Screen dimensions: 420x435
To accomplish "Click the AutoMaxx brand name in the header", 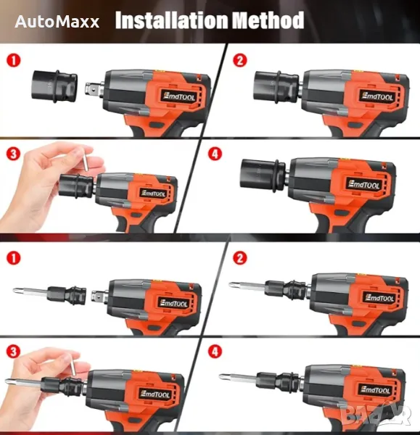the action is coord(57,22).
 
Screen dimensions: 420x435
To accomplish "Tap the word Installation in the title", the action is coord(171,20).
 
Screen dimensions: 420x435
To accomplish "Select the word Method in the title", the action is coord(268,20).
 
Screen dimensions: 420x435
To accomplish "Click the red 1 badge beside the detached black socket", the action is coord(14,60).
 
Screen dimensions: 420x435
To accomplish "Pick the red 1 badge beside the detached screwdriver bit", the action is coord(14,258).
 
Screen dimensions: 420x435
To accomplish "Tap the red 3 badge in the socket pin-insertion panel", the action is coord(14,154).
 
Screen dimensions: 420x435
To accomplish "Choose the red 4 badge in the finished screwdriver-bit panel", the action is coord(215,352).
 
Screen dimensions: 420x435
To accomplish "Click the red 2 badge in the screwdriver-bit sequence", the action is coord(240,258).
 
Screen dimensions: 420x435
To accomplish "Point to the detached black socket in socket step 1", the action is coord(54,86).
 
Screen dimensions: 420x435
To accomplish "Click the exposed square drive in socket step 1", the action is coord(94,89).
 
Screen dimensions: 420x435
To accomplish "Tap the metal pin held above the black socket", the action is coord(86,159).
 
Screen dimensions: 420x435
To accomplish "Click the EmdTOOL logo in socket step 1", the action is coord(178,96).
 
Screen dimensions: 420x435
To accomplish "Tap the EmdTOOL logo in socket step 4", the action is coord(364,184).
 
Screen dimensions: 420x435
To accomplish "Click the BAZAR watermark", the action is coord(376,415).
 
